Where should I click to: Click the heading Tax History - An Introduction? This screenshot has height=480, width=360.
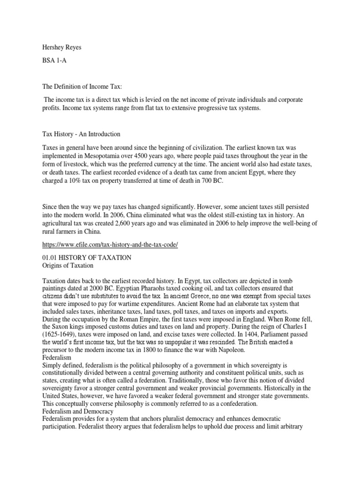[82, 134]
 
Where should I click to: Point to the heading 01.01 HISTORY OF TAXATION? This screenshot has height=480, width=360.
[87, 257]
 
